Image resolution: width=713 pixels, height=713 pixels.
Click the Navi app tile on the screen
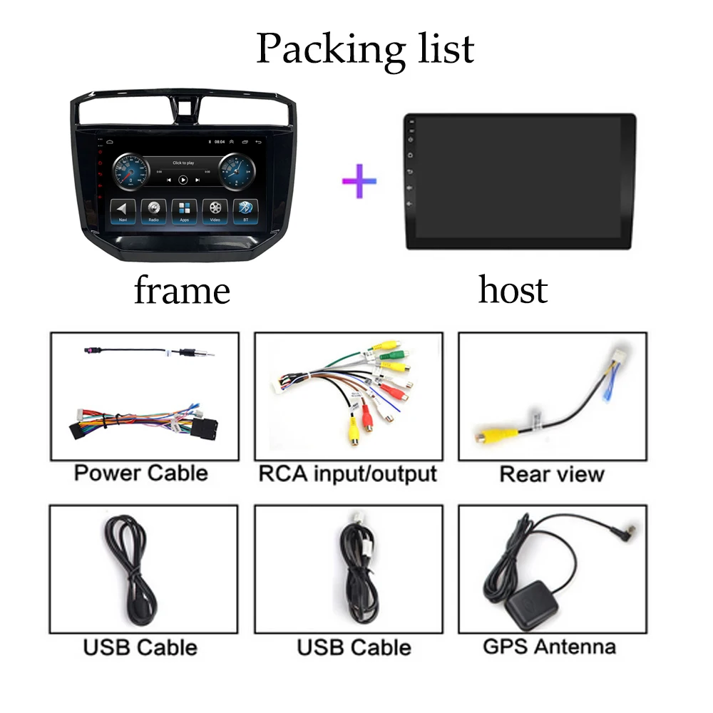[x=123, y=211]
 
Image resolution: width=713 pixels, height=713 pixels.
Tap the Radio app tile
[x=153, y=211]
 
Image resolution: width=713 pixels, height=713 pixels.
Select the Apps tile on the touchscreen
[x=184, y=211]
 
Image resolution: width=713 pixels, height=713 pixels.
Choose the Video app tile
[x=215, y=211]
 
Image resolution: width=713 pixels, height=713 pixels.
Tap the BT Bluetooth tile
[x=245, y=211]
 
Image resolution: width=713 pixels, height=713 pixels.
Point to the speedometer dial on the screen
[x=132, y=171]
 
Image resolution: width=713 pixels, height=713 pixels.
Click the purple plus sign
[x=359, y=180]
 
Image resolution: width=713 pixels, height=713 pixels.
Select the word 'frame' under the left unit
[x=182, y=291]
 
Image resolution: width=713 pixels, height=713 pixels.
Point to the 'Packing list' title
[x=365, y=48]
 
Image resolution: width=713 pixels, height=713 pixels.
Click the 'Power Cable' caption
[x=141, y=473]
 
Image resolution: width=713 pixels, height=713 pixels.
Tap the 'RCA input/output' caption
[x=348, y=473]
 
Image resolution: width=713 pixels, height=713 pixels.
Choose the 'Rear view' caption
[x=552, y=473]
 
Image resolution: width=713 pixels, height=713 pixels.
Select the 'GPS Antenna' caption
[x=549, y=646]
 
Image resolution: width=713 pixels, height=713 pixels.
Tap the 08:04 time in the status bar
[x=220, y=142]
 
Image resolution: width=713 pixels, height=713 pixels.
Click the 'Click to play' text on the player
[x=183, y=163]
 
